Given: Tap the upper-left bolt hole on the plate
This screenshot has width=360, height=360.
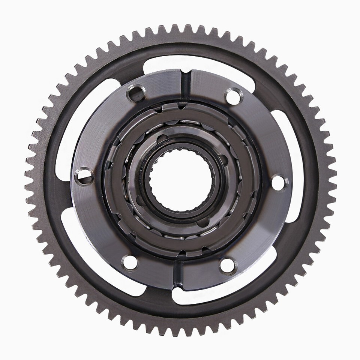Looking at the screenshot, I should coord(136,93).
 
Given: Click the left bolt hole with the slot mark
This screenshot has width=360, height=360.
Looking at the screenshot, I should coord(84,176).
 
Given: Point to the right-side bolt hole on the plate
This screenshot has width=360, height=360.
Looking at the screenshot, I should coord(278,182).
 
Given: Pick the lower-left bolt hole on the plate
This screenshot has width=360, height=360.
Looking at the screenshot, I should coord(130,262).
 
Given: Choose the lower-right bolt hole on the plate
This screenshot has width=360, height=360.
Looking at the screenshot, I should coord(228,265).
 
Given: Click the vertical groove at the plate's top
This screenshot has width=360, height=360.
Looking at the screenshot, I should coord(184,83).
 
